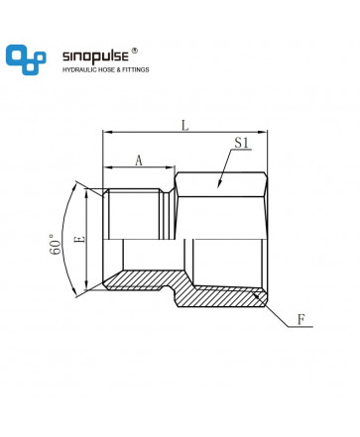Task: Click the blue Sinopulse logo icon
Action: (x=26, y=59)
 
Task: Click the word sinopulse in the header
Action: (x=95, y=56)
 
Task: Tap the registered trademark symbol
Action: (x=135, y=51)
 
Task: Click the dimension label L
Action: (x=185, y=126)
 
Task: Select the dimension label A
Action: (x=139, y=161)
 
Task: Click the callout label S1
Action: (x=241, y=143)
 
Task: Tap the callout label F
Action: (x=300, y=320)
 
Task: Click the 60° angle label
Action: (x=56, y=245)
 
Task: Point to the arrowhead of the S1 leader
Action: (x=219, y=184)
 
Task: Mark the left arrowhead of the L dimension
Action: (x=107, y=132)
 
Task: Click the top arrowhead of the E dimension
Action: (x=86, y=193)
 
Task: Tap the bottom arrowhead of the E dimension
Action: (x=86, y=284)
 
